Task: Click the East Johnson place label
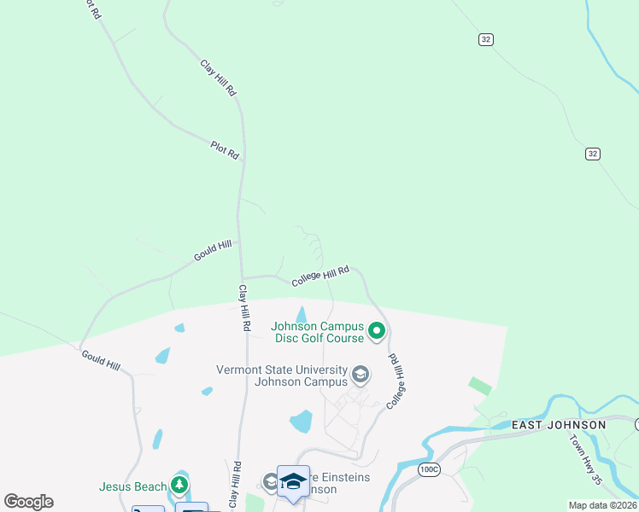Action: [559, 425]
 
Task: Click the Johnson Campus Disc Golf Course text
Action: [317, 332]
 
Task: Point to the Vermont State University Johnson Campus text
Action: [282, 375]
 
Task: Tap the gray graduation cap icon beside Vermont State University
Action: [361, 375]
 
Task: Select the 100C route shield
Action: [429, 468]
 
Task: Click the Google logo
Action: [28, 502]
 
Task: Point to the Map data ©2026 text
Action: [602, 505]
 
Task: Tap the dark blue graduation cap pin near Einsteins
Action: [293, 481]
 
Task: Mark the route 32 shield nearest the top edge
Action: [485, 39]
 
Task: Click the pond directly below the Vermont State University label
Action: [302, 421]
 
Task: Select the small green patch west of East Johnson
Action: [480, 386]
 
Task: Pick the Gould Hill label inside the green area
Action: [213, 251]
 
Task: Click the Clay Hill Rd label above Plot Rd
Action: [218, 78]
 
